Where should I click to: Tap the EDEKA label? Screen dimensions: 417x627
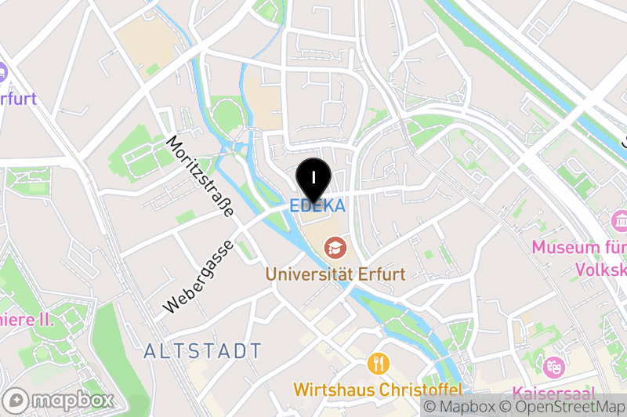[x=317, y=205]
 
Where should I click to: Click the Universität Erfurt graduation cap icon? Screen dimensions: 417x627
[x=335, y=249]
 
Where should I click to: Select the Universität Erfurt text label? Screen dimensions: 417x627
[x=335, y=274]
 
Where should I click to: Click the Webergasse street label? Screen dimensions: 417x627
[x=199, y=277]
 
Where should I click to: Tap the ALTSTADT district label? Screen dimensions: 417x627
[x=203, y=350]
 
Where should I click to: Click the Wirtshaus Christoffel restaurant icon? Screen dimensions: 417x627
[x=379, y=364]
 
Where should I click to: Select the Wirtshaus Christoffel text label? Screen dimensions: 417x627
[x=378, y=390]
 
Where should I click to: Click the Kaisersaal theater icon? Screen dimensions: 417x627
[x=554, y=367]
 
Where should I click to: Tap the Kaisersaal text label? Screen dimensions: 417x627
[x=553, y=393]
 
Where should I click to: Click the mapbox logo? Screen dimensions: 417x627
[x=60, y=399]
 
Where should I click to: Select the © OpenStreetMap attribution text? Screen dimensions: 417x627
[x=564, y=407]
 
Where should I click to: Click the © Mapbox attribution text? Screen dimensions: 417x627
[x=459, y=407]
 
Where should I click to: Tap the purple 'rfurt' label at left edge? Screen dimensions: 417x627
[x=18, y=100]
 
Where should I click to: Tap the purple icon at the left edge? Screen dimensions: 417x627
[x=2, y=73]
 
